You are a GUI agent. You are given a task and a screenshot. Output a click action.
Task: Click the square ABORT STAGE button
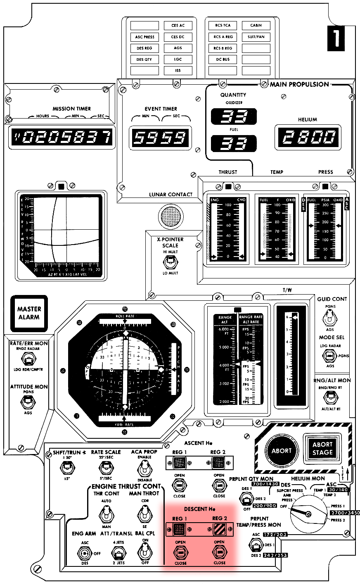tap(322, 449)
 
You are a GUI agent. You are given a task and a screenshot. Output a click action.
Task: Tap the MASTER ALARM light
tap(29, 313)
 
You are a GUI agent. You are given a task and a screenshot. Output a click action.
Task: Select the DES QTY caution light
tap(144, 59)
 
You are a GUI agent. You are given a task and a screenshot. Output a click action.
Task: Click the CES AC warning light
tap(178, 26)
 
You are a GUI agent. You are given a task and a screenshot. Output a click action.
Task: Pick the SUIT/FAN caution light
tap(256, 37)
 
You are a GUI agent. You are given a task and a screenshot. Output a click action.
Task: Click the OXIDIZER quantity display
tap(234, 117)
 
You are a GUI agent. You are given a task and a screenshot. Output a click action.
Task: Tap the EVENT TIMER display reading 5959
tap(160, 137)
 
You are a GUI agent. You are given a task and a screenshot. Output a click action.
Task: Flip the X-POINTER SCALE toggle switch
tap(170, 262)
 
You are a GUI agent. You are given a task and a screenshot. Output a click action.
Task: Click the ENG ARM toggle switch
tap(85, 553)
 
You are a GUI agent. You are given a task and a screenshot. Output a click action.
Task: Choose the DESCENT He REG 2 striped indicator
tap(219, 529)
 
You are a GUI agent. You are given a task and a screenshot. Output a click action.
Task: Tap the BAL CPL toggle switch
tap(144, 552)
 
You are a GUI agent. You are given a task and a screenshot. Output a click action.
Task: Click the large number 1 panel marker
tap(336, 38)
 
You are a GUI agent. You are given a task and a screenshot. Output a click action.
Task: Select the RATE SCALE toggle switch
tap(106, 468)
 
